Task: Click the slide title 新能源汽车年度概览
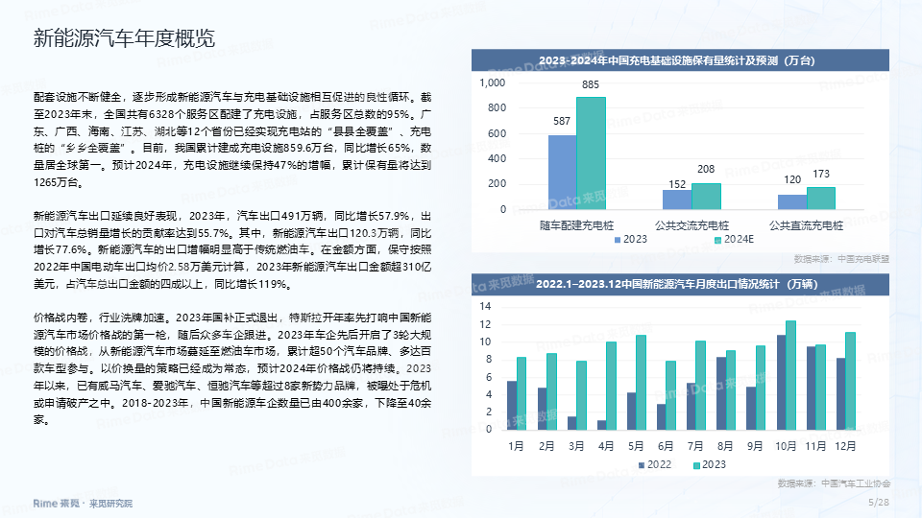point(124,38)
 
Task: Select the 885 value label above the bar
point(591,84)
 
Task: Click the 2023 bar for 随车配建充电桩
point(562,172)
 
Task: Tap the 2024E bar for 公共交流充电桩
point(706,196)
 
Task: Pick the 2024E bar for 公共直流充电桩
point(821,199)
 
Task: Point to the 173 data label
point(821,174)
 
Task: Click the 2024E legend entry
point(734,240)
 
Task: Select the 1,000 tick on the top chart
point(492,82)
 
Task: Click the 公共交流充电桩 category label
point(692,225)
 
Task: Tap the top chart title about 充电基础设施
point(677,60)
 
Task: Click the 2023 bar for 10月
point(790,375)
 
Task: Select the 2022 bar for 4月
point(601,425)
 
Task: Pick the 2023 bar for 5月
point(641,383)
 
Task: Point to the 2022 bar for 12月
point(841,394)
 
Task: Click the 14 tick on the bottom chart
point(485,306)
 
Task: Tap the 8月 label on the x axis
point(725,446)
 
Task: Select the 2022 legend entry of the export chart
point(655,464)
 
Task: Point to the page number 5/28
point(879,502)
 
